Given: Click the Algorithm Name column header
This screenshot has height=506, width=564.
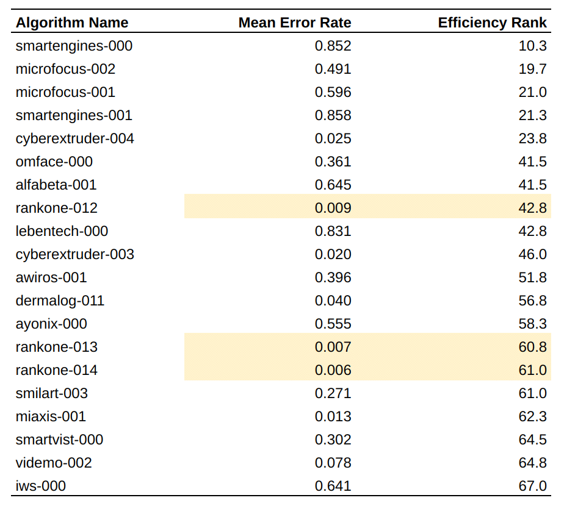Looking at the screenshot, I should (x=72, y=23).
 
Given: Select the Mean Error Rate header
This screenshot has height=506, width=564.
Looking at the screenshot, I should (x=295, y=23).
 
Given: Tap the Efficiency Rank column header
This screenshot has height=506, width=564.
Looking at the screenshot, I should (x=492, y=23).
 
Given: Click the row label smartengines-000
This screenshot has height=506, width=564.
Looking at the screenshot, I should (x=74, y=46).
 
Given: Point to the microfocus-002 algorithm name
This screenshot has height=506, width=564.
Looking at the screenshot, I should (x=65, y=69).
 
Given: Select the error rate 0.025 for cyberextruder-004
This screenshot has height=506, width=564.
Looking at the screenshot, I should (x=333, y=138).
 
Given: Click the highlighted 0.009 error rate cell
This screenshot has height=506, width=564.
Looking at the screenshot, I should (x=333, y=208).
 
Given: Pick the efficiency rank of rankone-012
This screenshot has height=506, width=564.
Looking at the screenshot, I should (x=532, y=208).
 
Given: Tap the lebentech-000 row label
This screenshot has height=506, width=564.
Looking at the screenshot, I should (x=62, y=231).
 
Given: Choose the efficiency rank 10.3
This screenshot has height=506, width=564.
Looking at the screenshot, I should (x=532, y=46).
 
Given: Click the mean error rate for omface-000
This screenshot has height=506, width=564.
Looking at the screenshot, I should (x=333, y=162).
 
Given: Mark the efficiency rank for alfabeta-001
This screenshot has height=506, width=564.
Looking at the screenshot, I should (x=532, y=185).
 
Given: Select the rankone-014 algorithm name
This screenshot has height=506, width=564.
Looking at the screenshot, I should (x=57, y=370).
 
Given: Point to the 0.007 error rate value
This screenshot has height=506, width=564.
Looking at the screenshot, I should (x=333, y=347).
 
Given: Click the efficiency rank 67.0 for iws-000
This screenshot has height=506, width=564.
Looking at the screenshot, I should (x=532, y=486).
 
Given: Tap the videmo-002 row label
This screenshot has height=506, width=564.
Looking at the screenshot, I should (x=54, y=463).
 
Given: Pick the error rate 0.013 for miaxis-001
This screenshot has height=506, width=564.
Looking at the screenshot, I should (x=333, y=416).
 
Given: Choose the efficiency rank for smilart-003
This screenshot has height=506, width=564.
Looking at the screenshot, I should (x=532, y=393).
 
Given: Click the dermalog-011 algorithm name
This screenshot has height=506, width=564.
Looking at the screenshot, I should (x=60, y=301).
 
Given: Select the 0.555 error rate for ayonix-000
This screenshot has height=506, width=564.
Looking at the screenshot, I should (x=333, y=324).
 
